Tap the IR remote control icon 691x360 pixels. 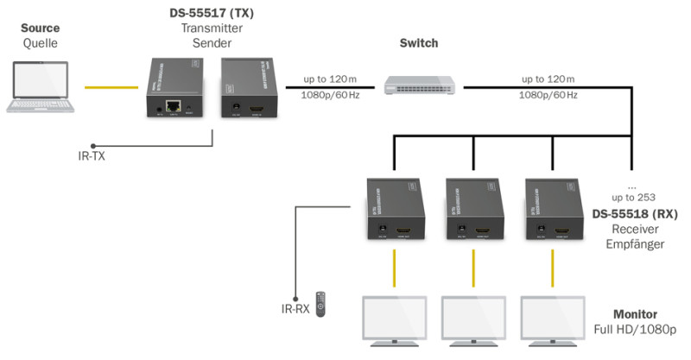point(320,305)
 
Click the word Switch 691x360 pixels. point(419,43)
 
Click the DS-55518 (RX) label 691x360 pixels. point(635,214)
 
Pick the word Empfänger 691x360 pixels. point(634,245)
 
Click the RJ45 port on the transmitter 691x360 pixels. point(173,108)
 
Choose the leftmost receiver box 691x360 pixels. point(394,210)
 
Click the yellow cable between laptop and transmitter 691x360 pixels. point(111,87)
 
